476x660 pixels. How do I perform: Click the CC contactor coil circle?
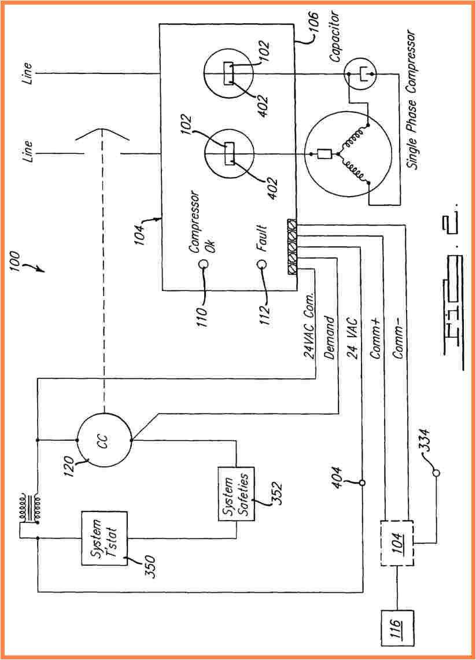click(105, 440)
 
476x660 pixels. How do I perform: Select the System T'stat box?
click(104, 538)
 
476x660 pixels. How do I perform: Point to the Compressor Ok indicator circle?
click(204, 264)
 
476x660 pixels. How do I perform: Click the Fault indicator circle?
click(261, 264)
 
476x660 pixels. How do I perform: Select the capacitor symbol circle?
click(360, 74)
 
